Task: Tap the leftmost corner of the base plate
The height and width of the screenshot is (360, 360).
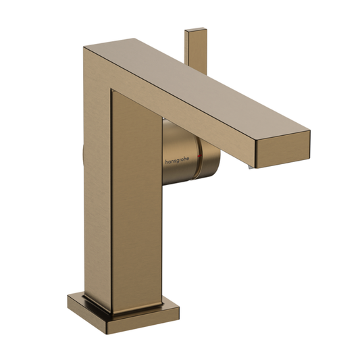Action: pos(68,299)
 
